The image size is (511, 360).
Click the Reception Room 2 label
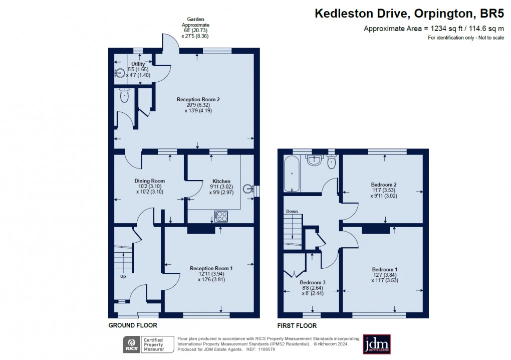coord(198,99)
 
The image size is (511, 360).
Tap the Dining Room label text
coord(149,181)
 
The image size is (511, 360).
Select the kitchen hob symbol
coord(221,216)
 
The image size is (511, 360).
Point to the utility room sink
coord(120,73)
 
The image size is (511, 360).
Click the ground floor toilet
coord(124,95)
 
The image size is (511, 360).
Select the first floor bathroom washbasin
coord(315,160)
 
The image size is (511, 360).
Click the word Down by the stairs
coord(292,212)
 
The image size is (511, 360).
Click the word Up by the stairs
coord(123,276)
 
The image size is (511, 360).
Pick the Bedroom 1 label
coord(385,269)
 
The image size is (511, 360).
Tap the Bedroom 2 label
coord(384,185)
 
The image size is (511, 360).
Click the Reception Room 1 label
coord(211,268)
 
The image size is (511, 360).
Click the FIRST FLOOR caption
coord(297,325)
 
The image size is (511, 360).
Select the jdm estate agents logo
coord(377,344)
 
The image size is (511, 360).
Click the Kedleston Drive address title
coord(409,14)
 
